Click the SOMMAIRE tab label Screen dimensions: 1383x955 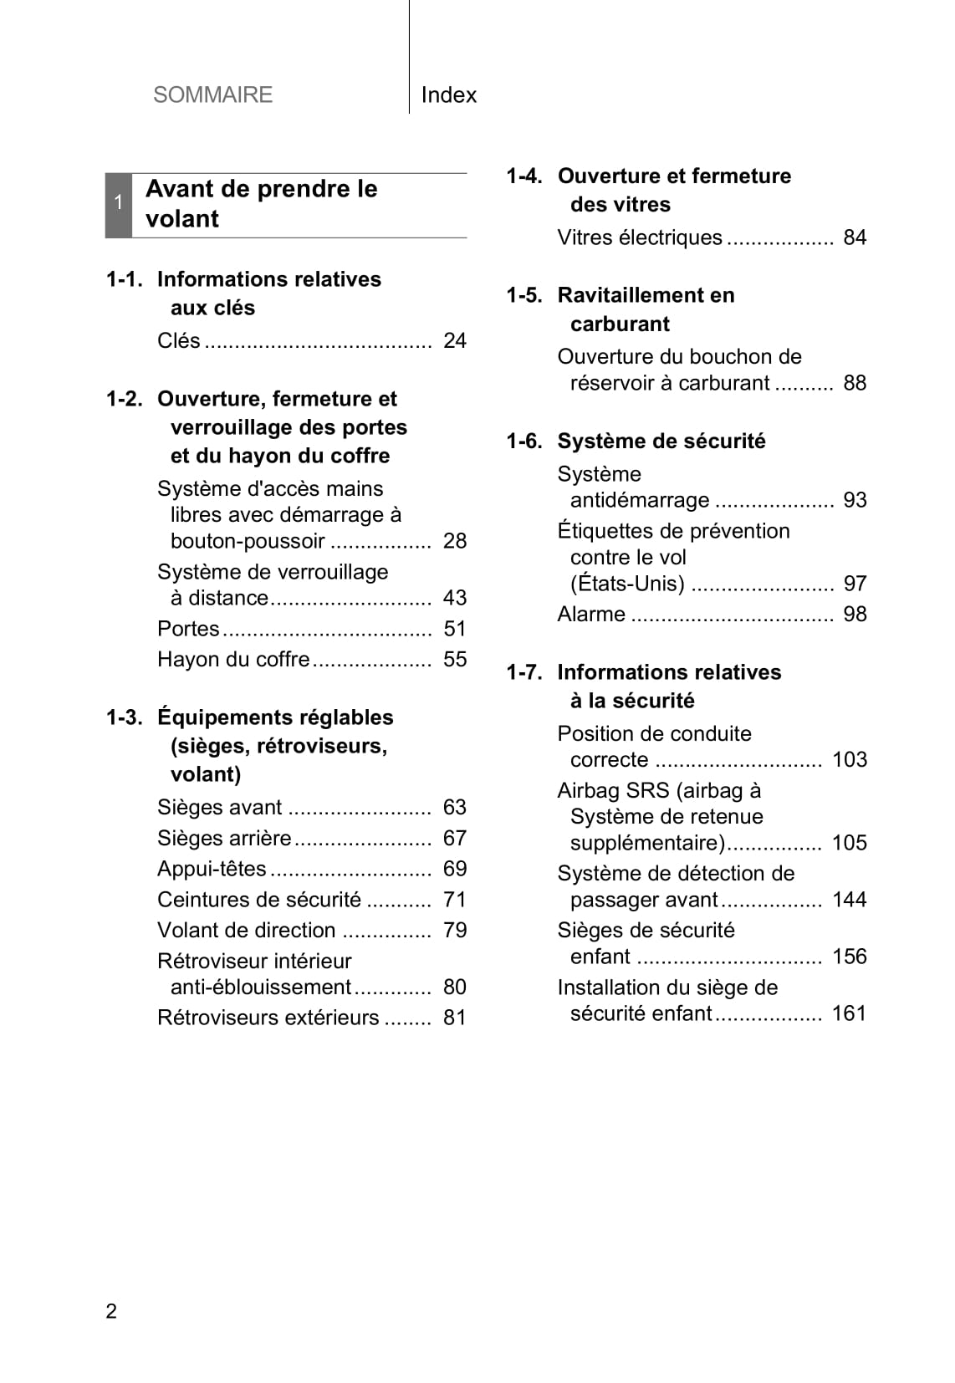(212, 94)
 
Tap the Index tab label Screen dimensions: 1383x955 (448, 95)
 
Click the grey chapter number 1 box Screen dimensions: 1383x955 (119, 205)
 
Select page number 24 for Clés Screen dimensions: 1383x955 (455, 341)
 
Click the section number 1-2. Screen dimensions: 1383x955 (124, 399)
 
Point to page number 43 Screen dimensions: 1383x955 (455, 598)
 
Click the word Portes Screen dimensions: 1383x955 (188, 629)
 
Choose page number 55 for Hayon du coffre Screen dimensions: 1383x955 (455, 660)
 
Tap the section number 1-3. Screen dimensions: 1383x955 (124, 717)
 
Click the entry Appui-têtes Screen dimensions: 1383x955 (212, 870)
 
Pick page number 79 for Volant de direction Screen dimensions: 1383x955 (455, 931)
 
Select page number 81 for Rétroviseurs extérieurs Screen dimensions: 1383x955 (455, 1018)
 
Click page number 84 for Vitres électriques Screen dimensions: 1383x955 (855, 238)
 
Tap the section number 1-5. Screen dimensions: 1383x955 (524, 295)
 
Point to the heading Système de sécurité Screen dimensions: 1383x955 (661, 441)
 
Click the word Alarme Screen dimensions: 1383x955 (591, 615)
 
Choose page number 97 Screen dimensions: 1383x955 (855, 584)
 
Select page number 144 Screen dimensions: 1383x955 (850, 900)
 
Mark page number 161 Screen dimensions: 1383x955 (850, 1013)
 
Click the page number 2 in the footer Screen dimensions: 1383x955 (111, 1311)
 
